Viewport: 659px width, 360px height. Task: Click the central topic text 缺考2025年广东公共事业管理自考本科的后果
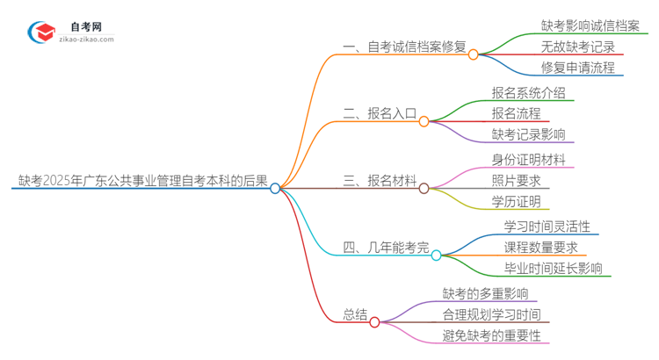pos(142,181)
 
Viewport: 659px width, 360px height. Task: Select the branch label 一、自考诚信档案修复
pos(405,47)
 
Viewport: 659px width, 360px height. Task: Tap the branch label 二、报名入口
pos(378,114)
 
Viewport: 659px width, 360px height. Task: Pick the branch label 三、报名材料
pos(379,181)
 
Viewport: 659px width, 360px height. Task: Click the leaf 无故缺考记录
pos(578,47)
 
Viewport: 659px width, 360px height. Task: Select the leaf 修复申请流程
pos(578,68)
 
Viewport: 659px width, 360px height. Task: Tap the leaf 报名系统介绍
pos(529,92)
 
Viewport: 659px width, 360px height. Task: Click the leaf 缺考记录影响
pos(529,134)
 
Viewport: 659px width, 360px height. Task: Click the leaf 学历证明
pos(517,202)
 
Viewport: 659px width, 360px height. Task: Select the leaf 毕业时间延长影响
pos(553,269)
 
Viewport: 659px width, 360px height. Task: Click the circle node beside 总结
pos(375,322)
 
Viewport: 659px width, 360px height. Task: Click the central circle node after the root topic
pos(275,188)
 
